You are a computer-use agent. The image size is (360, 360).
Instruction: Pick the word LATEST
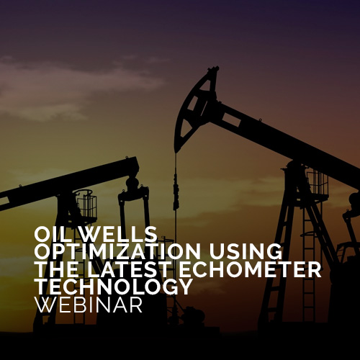click(128, 269)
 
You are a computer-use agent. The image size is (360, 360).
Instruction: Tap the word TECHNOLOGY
click(114, 287)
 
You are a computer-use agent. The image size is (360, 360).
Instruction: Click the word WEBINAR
click(89, 305)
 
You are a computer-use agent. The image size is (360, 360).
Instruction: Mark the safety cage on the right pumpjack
click(318, 181)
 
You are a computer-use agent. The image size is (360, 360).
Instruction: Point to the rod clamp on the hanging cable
click(176, 192)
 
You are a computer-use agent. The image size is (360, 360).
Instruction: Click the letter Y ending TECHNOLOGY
click(185, 287)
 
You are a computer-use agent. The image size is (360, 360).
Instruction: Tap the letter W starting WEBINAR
click(45, 305)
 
